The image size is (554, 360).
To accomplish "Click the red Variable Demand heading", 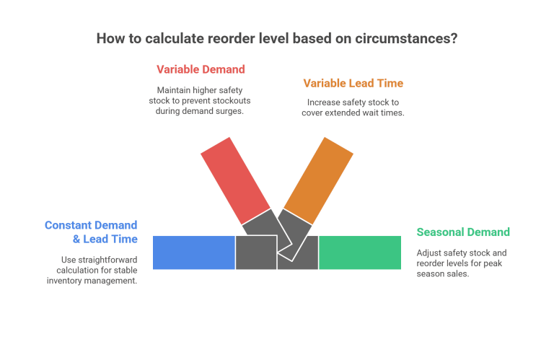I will click(201, 69).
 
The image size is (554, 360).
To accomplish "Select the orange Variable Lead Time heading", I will click(353, 83).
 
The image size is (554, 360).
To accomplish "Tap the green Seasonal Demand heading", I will click(463, 232).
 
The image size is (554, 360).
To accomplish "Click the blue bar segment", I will click(193, 253).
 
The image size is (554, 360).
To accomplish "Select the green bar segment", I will click(359, 253).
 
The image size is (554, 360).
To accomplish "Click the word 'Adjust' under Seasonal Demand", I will click(431, 253).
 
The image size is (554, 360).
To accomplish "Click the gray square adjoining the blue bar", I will click(255, 253).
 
